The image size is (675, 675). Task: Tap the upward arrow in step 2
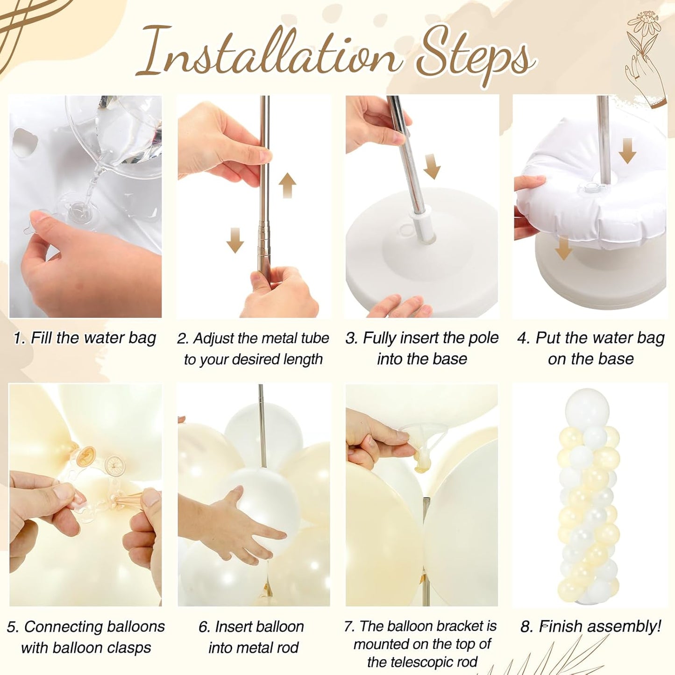288,185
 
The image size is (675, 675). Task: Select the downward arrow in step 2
235,240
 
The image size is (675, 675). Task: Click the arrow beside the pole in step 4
627,150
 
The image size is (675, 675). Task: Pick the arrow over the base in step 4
563,248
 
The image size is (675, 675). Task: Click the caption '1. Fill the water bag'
85,338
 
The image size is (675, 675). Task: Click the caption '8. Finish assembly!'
591,626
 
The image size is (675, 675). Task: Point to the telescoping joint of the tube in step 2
263,227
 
